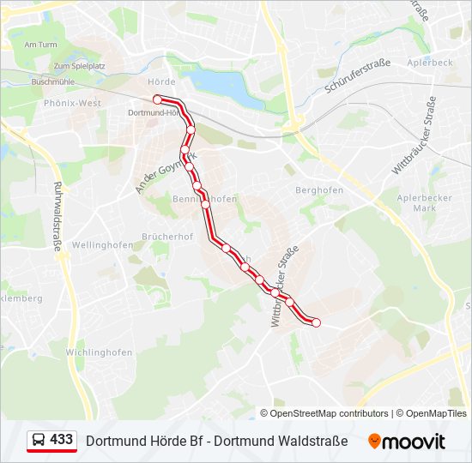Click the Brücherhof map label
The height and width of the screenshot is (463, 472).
pos(167,237)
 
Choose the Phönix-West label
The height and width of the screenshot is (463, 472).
pos(72,103)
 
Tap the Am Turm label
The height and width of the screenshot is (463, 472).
pos(40,45)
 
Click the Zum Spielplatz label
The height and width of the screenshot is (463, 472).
pos(79,66)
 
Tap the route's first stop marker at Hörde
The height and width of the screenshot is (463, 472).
pos(158,100)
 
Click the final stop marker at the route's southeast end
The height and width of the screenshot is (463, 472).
pos(316,322)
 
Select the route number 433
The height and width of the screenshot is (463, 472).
pos(61,440)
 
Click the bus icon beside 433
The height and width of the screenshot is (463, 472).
pos(39,441)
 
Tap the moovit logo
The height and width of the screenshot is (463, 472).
pos(407,442)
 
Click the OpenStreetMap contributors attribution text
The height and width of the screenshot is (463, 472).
pos(330,413)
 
